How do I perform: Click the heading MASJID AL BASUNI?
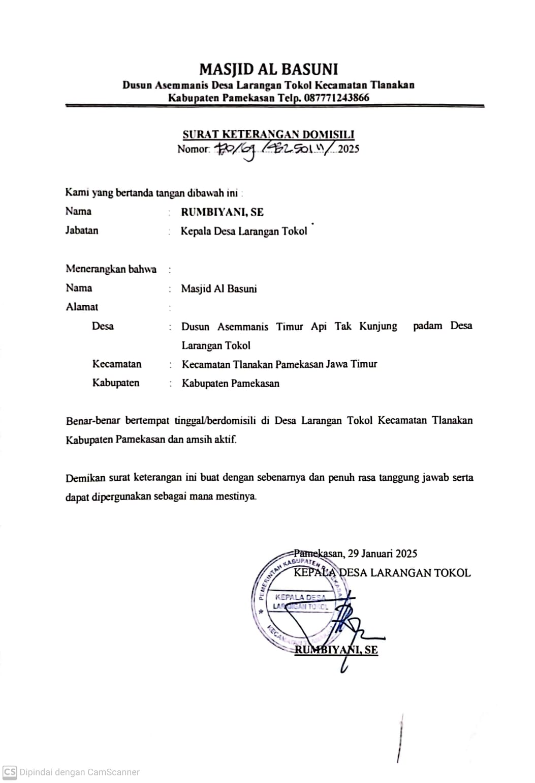[x=268, y=69]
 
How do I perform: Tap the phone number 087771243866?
[x=337, y=98]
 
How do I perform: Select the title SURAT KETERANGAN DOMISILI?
[x=268, y=134]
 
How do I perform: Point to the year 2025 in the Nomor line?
[x=349, y=149]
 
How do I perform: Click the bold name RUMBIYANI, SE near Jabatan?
[x=222, y=212]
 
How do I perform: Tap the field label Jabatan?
[x=82, y=230]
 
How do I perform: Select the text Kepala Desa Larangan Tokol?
[x=244, y=231]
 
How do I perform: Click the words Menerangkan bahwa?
[x=111, y=269]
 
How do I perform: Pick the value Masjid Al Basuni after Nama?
[x=219, y=289]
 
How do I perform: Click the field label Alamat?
[x=82, y=307]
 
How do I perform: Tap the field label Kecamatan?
[x=117, y=364]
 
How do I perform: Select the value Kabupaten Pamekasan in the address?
[x=231, y=384]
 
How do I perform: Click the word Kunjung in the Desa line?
[x=378, y=326]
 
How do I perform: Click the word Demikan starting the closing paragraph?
[x=84, y=478]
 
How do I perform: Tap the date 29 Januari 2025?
[x=383, y=554]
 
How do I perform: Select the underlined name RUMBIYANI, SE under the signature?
[x=336, y=650]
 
